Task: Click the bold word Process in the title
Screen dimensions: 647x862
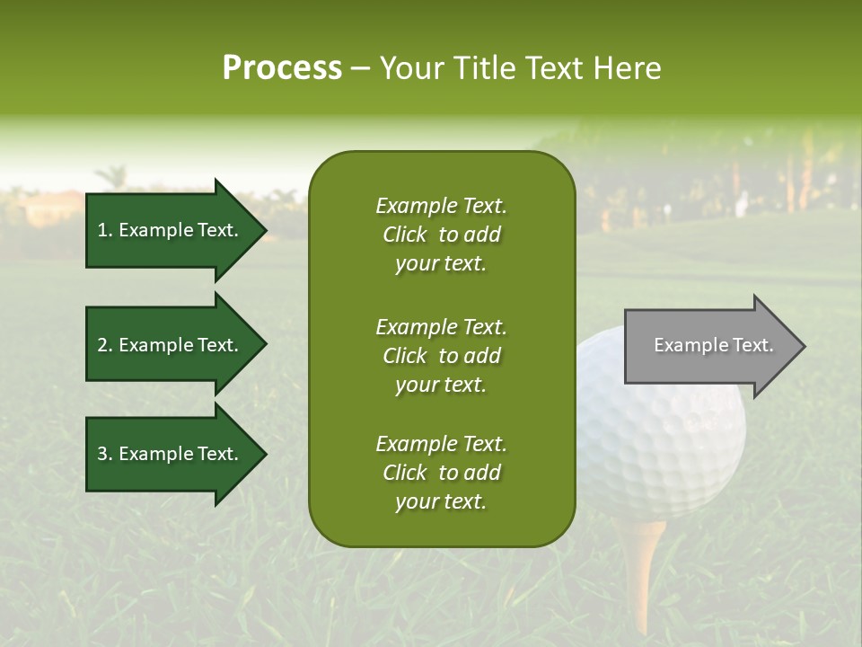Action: click(x=282, y=68)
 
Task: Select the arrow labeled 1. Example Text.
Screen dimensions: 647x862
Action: click(x=171, y=230)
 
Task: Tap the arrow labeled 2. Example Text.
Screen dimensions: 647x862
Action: click(x=171, y=345)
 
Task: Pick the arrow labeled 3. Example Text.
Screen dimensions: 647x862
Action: click(x=171, y=454)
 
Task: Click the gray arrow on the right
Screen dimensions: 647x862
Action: click(x=709, y=346)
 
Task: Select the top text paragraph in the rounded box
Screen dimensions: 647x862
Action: click(x=441, y=235)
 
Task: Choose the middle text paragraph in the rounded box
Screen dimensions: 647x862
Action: click(x=441, y=356)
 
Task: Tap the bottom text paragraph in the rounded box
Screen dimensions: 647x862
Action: click(x=441, y=473)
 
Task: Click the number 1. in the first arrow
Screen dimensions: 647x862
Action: click(x=105, y=230)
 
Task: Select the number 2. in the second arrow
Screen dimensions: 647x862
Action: click(x=105, y=345)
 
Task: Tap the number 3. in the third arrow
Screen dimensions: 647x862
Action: click(x=105, y=454)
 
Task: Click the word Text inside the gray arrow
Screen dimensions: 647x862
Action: click(x=752, y=345)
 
